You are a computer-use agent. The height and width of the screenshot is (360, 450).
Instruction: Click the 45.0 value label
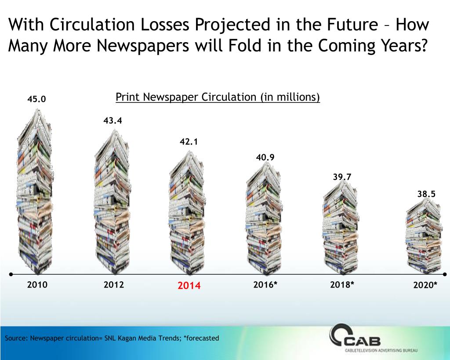(x=36, y=99)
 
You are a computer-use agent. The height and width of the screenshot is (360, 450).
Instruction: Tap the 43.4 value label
(x=113, y=120)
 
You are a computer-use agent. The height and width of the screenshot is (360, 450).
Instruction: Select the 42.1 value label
(x=189, y=142)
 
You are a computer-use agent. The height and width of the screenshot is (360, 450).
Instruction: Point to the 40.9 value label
(x=265, y=157)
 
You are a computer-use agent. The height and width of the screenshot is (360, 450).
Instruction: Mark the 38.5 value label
(x=426, y=193)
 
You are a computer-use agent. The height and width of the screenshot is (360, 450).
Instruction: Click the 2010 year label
(x=37, y=285)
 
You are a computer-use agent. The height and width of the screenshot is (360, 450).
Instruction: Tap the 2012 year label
(x=114, y=285)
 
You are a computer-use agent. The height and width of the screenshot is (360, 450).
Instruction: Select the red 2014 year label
(x=189, y=286)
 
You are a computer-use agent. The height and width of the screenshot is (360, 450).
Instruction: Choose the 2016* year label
(x=265, y=285)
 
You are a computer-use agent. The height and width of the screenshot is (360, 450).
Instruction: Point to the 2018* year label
(x=342, y=285)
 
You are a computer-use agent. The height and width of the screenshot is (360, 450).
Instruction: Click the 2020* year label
(x=425, y=285)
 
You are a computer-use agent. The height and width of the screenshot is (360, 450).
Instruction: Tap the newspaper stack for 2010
(x=36, y=193)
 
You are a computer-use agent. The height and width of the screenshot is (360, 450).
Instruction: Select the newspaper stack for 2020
(x=424, y=237)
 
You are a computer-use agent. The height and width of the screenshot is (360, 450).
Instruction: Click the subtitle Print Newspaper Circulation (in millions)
(x=218, y=97)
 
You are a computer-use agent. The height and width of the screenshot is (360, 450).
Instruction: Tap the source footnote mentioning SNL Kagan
(x=112, y=338)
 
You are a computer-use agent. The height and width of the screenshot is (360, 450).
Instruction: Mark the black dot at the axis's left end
(x=11, y=274)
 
